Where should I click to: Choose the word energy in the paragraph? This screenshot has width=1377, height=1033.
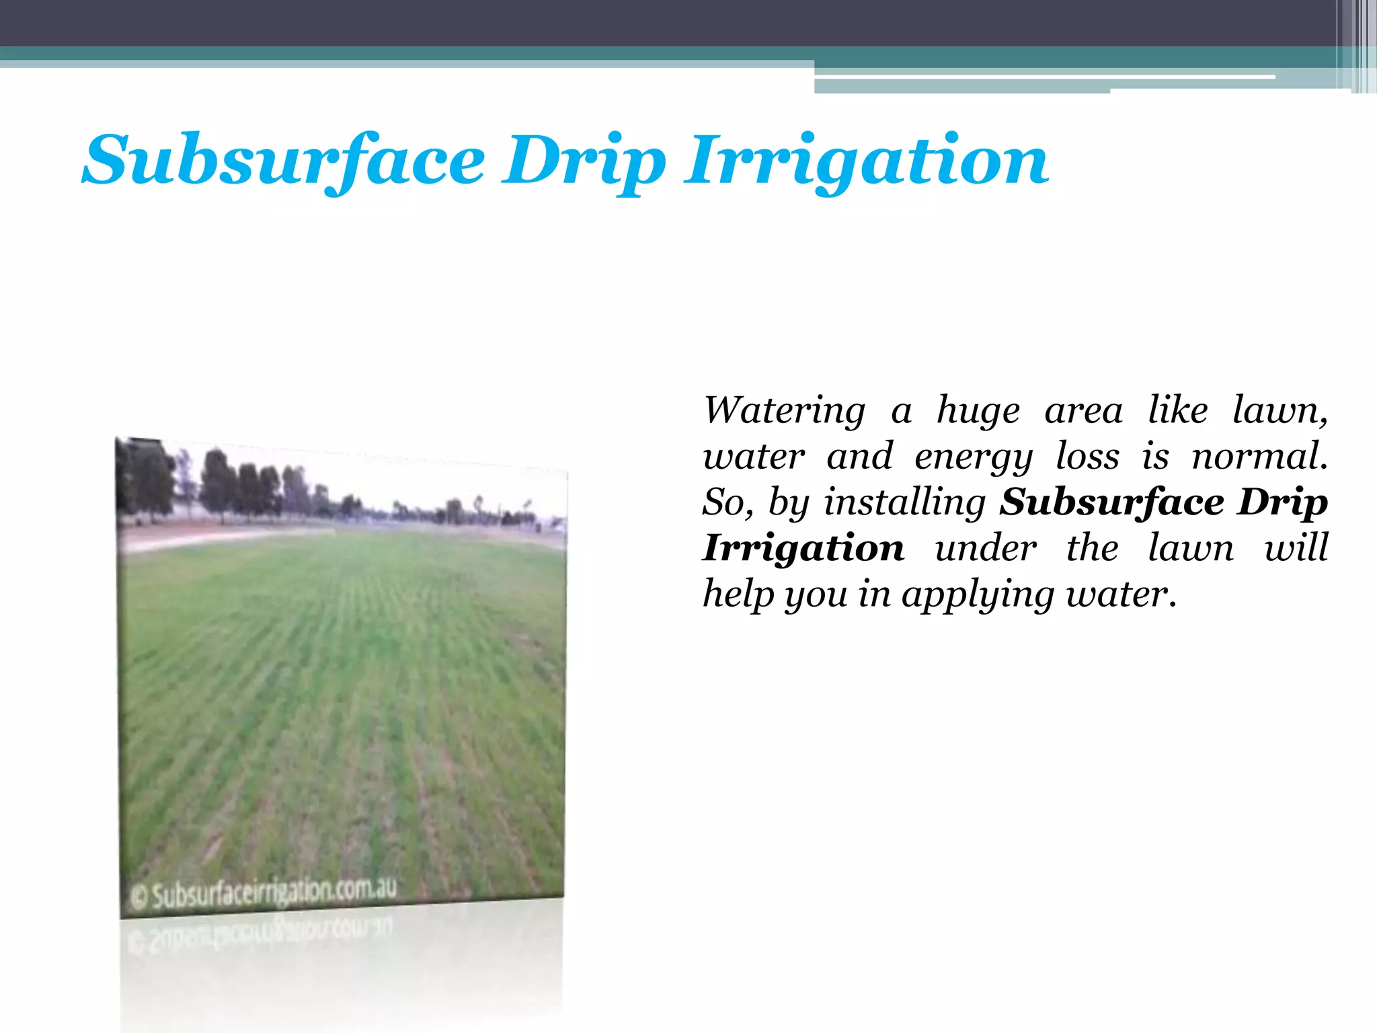974,457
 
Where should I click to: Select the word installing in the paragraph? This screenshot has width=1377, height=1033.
904,503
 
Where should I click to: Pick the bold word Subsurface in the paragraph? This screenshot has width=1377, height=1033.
1111,503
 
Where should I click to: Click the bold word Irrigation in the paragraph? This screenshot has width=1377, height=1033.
803,549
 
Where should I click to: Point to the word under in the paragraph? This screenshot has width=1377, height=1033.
986,547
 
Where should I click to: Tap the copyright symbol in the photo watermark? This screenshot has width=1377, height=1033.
139,897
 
